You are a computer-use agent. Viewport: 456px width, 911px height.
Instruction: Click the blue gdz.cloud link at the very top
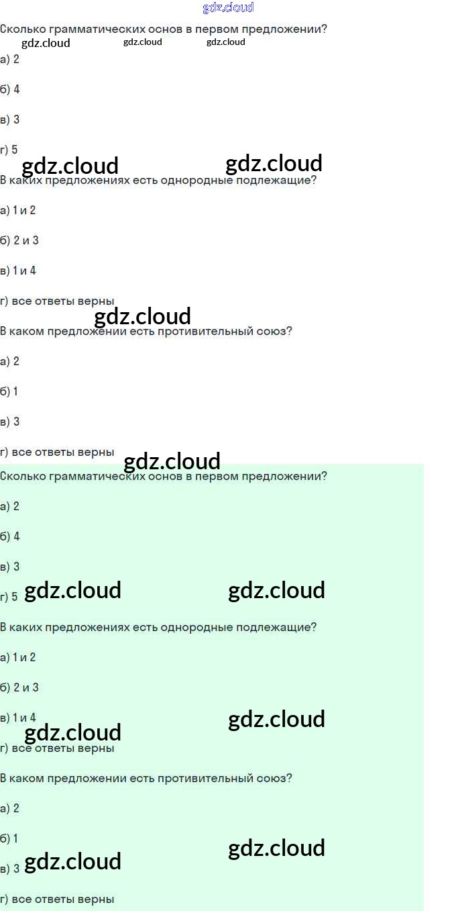(x=228, y=7)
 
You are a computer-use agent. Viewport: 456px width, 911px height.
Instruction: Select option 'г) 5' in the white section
(x=9, y=150)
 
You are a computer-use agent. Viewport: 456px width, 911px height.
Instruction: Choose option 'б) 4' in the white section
(x=10, y=89)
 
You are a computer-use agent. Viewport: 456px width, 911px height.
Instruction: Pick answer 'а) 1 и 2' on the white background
(x=18, y=210)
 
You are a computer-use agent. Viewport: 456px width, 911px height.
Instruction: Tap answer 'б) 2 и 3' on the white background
(x=19, y=240)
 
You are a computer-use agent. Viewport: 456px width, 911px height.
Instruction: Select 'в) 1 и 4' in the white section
(x=18, y=271)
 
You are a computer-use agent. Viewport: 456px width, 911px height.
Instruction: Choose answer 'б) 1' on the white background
(x=9, y=391)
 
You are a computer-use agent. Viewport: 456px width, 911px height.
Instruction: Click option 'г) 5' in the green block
(x=9, y=597)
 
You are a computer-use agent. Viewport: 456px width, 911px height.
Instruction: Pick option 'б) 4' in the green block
(x=10, y=536)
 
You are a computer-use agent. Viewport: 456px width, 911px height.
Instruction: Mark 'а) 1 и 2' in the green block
(x=18, y=657)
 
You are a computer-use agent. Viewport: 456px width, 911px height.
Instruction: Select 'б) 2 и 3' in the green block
(x=19, y=687)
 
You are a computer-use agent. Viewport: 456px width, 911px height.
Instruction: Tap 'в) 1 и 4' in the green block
(x=18, y=718)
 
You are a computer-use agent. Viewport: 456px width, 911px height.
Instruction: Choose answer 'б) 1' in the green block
(x=9, y=838)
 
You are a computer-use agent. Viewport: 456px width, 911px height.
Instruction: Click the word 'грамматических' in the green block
(x=89, y=477)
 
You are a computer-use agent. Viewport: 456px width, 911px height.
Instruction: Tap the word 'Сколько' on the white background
(x=22, y=30)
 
